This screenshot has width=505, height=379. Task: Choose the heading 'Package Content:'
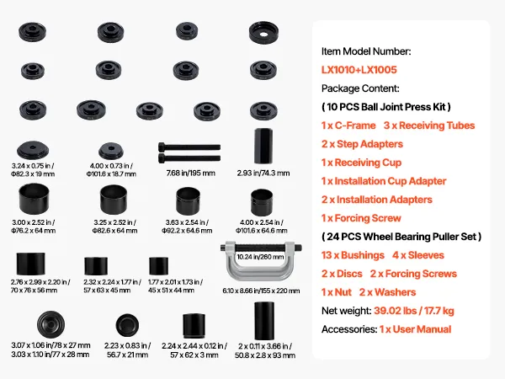(360, 88)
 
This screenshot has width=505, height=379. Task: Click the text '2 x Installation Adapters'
(377, 200)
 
